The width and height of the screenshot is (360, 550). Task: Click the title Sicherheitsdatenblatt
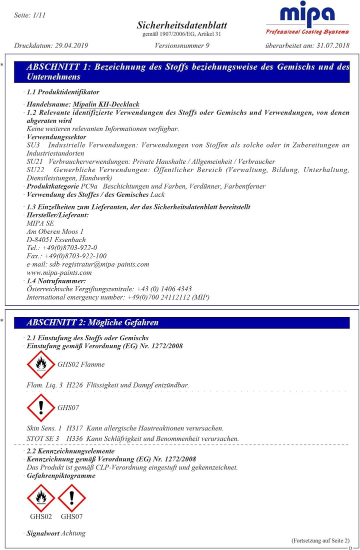pos(181,25)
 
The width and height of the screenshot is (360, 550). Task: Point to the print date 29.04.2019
pos(70,46)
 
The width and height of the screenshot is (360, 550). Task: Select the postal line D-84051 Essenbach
pos(56,240)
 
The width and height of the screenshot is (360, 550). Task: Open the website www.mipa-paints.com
pos(59,272)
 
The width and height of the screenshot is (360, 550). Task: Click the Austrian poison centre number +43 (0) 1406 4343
pos(164,289)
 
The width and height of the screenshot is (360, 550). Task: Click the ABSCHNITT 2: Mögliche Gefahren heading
pos(92,323)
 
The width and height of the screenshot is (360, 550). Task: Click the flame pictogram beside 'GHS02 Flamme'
pos(40,364)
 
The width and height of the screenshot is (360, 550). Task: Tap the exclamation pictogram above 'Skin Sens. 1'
pos(40,408)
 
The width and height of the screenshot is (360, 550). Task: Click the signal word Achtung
pos(73,533)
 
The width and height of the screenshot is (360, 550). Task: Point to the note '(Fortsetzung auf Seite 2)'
pos(320,540)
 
